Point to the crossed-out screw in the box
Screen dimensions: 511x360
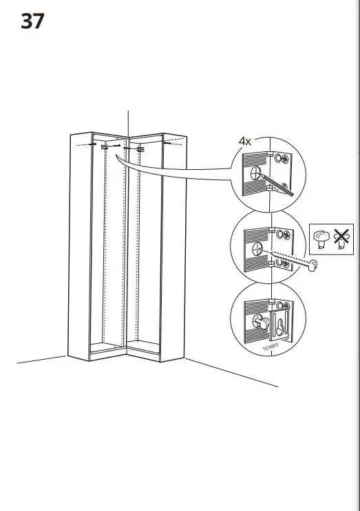340,238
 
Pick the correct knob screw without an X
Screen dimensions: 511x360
321,238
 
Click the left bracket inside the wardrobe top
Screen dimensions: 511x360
104,146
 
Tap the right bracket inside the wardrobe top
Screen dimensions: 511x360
140,148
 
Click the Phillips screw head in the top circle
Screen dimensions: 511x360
282,159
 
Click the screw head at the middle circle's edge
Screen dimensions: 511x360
314,264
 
